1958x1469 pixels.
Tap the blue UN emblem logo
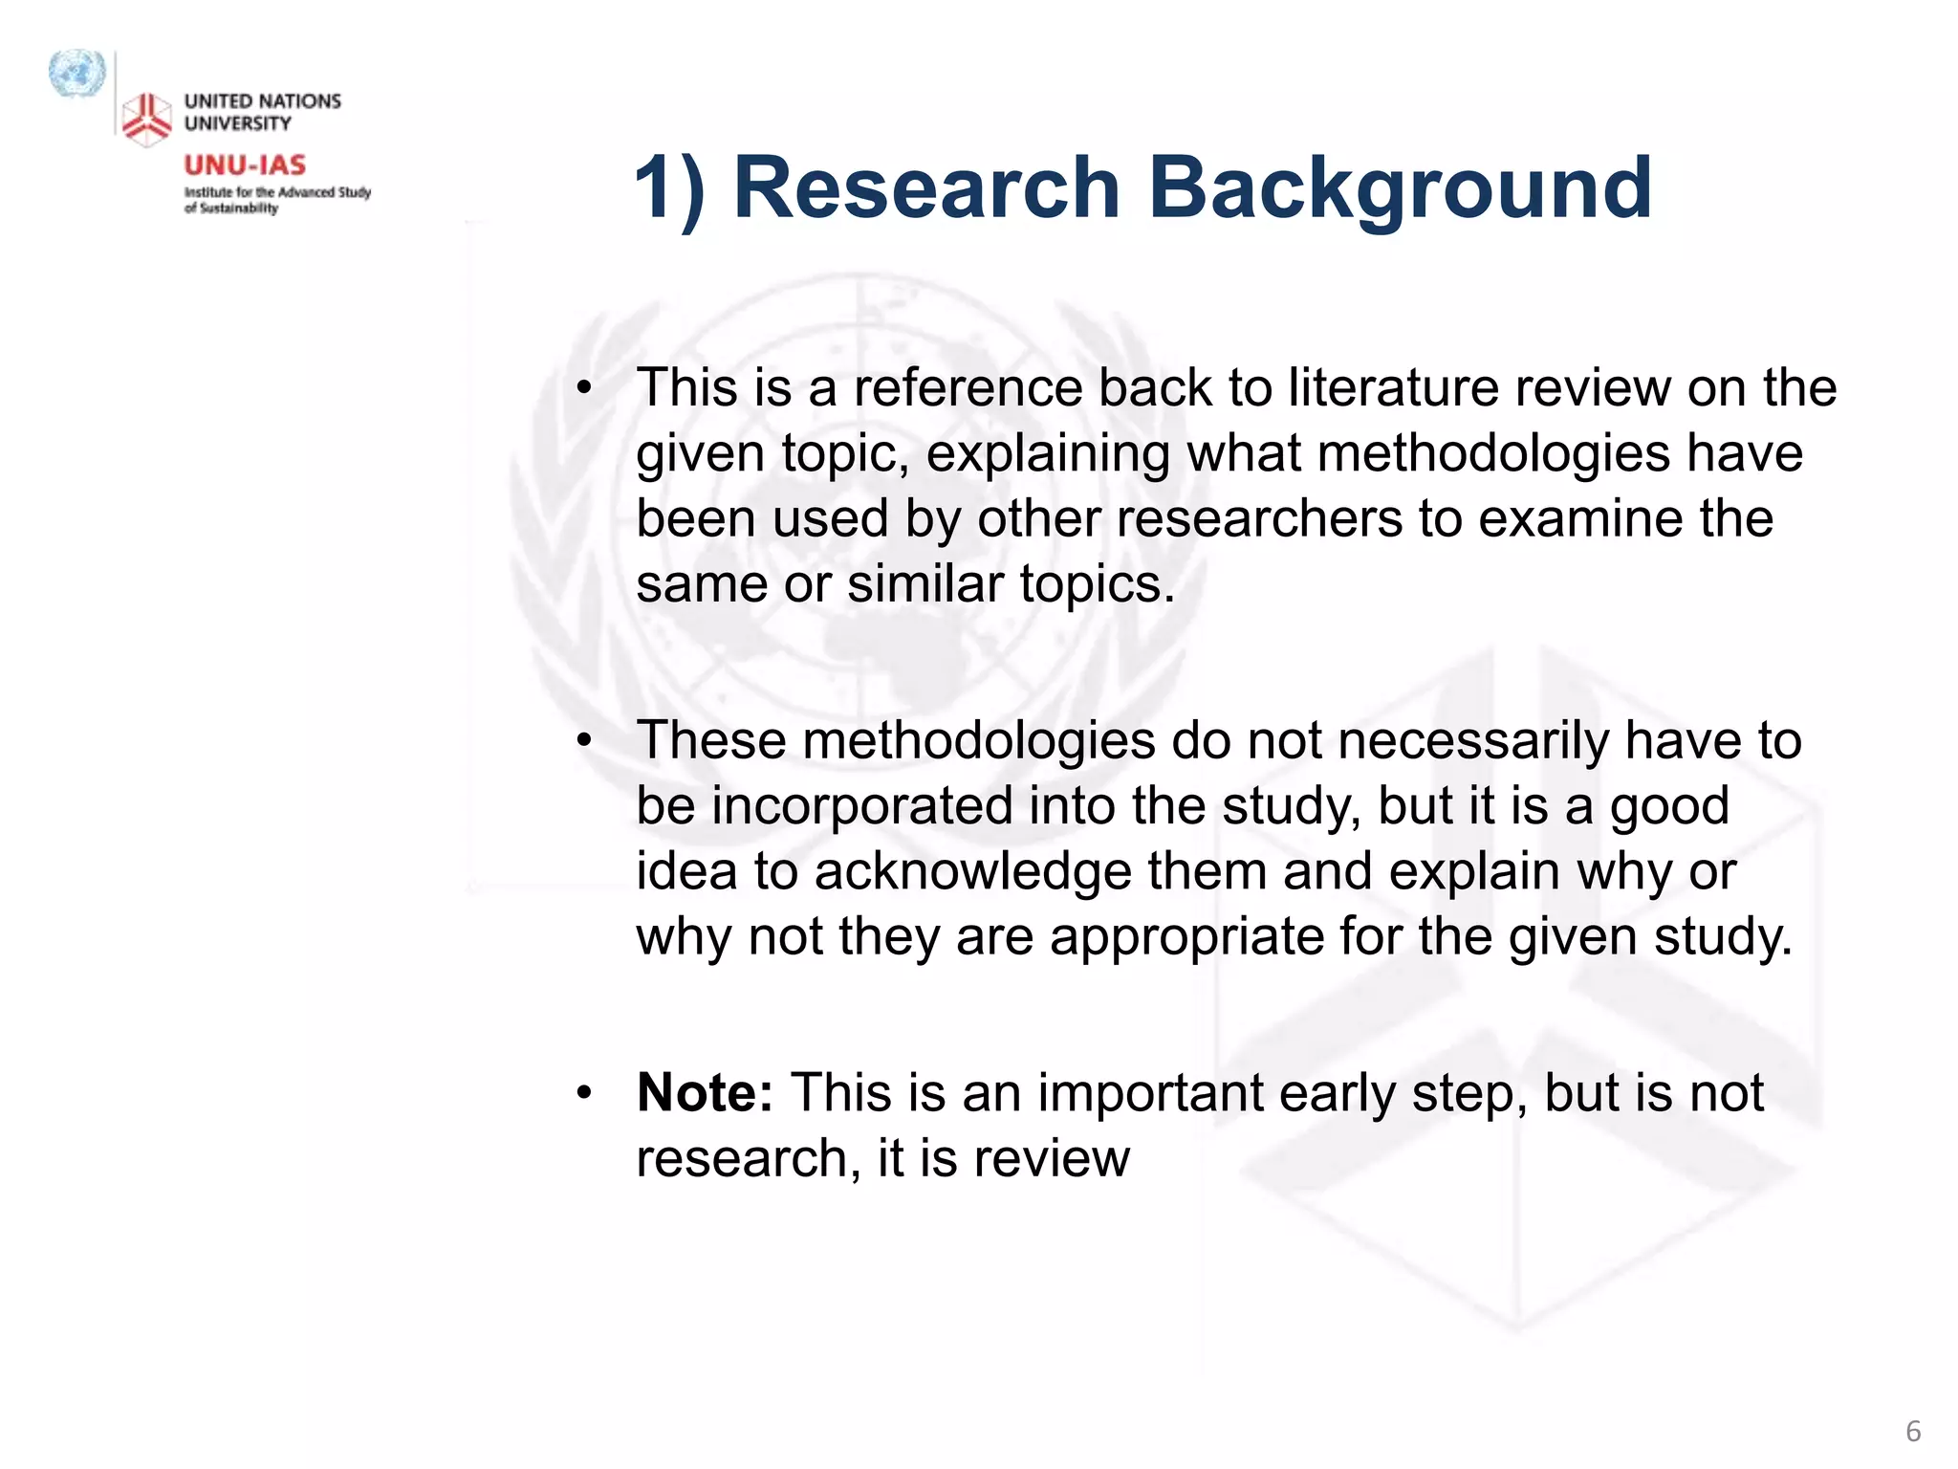[x=76, y=74]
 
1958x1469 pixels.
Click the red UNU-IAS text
[x=245, y=165]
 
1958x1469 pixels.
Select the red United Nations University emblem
[x=146, y=120]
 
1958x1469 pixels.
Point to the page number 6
[x=1913, y=1431]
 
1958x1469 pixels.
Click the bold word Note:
[x=705, y=1092]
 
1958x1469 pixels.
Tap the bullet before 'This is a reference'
[x=584, y=389]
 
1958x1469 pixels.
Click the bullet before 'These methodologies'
[x=584, y=741]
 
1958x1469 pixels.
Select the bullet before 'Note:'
[x=584, y=1093]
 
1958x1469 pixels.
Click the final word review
[x=1052, y=1158]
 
